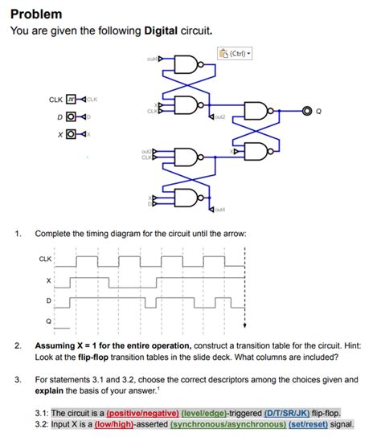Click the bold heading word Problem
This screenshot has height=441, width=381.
click(x=36, y=14)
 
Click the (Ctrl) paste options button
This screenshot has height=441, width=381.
click(x=236, y=54)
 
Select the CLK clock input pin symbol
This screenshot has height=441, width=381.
click(x=70, y=100)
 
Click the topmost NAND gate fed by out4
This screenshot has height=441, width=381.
click(x=186, y=62)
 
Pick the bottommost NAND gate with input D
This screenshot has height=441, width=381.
click(x=186, y=198)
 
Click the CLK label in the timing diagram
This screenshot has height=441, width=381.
click(x=45, y=259)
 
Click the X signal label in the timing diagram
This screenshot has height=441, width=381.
click(x=49, y=280)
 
